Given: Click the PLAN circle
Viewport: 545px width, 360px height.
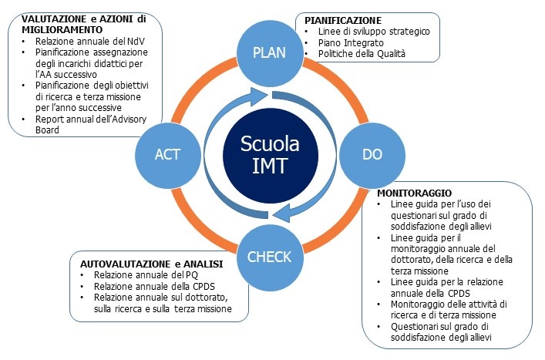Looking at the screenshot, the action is [269, 53].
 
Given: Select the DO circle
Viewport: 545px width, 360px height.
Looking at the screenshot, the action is [372, 155].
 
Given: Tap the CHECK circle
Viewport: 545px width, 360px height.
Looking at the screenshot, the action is [269, 257].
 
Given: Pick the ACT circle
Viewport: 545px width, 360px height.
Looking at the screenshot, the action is [168, 155].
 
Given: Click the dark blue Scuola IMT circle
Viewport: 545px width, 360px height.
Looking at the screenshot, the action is [270, 155].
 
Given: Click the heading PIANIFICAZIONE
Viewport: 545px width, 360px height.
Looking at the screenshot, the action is [343, 21].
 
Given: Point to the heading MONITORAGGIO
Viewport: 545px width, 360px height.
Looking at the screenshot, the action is [415, 193].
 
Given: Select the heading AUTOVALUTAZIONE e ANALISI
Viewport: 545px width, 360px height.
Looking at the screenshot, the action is [152, 264].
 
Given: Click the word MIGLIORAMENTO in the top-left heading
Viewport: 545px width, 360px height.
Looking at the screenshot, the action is [62, 30].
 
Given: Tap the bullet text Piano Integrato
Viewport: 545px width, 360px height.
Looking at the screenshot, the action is [351, 43].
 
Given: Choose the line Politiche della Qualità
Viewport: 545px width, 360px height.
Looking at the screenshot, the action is [362, 54].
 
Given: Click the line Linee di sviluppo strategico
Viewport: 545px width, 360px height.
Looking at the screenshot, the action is [374, 32].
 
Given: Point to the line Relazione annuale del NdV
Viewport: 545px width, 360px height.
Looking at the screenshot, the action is [90, 42].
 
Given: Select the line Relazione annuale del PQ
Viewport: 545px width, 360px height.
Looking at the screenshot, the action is [146, 275].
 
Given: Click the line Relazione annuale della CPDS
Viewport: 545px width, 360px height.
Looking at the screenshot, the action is [154, 287].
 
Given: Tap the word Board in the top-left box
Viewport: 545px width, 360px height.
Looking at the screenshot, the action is [47, 130].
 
